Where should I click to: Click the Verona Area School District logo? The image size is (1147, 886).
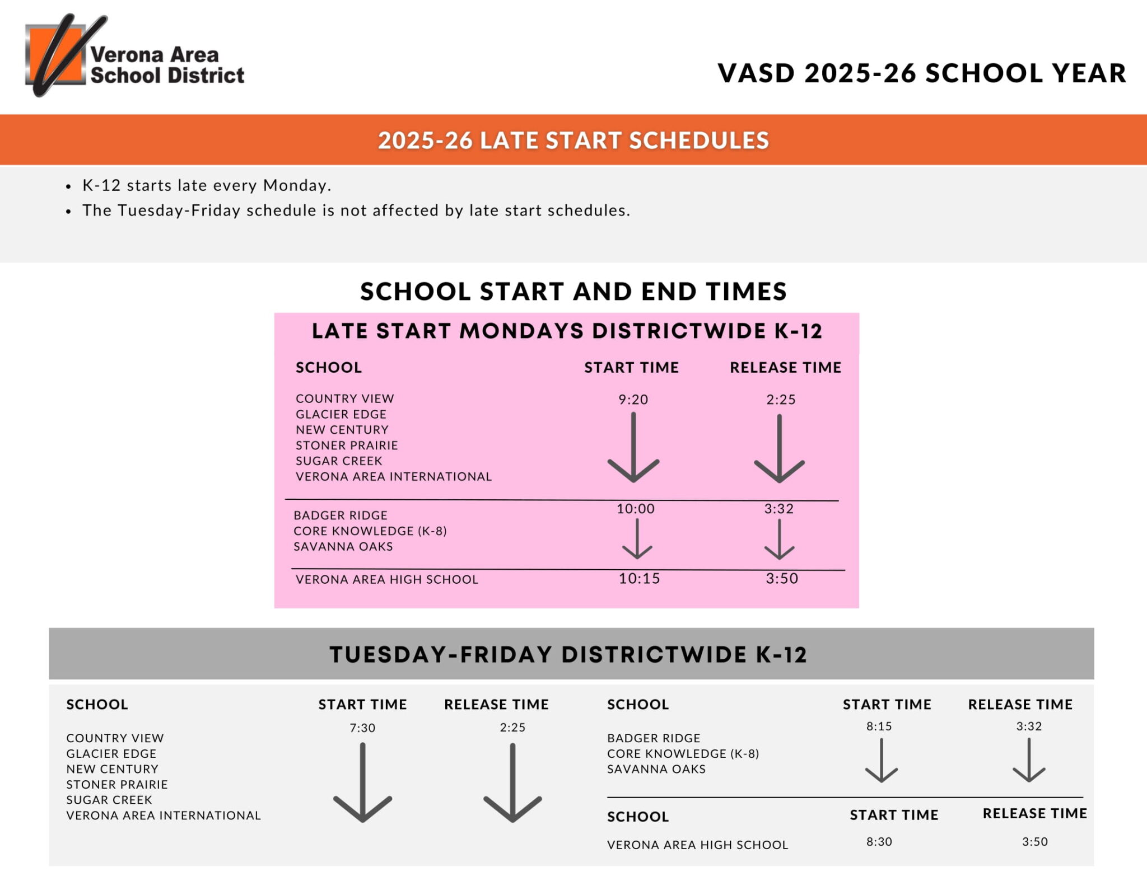(x=134, y=56)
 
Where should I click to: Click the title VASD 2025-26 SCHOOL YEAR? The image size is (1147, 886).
(x=921, y=73)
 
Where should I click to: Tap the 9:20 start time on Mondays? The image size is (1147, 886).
(x=633, y=400)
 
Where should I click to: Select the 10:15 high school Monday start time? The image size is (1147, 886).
(x=639, y=579)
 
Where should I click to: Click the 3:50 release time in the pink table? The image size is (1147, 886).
(x=782, y=579)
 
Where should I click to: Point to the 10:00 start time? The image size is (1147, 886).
(x=635, y=509)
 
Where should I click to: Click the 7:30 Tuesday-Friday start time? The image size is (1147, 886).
(x=362, y=728)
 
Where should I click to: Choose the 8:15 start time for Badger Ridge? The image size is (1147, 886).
(x=879, y=726)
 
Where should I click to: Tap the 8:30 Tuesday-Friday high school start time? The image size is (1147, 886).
(x=879, y=842)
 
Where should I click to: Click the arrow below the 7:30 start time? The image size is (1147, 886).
(x=362, y=784)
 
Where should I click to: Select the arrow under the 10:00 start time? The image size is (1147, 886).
(x=637, y=539)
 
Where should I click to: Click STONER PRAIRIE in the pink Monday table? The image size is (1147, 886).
(x=347, y=446)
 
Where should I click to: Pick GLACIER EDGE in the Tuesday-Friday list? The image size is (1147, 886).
(x=111, y=753)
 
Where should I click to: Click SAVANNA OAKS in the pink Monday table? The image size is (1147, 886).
(x=343, y=546)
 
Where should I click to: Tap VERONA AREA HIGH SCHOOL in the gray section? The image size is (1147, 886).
(x=697, y=845)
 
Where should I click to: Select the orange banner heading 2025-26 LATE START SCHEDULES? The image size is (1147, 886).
(x=573, y=140)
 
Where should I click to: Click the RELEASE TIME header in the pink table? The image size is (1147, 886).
(x=785, y=368)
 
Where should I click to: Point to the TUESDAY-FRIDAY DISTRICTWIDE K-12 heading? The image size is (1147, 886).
(x=568, y=654)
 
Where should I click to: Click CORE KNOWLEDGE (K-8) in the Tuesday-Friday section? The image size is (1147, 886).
(x=683, y=753)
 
